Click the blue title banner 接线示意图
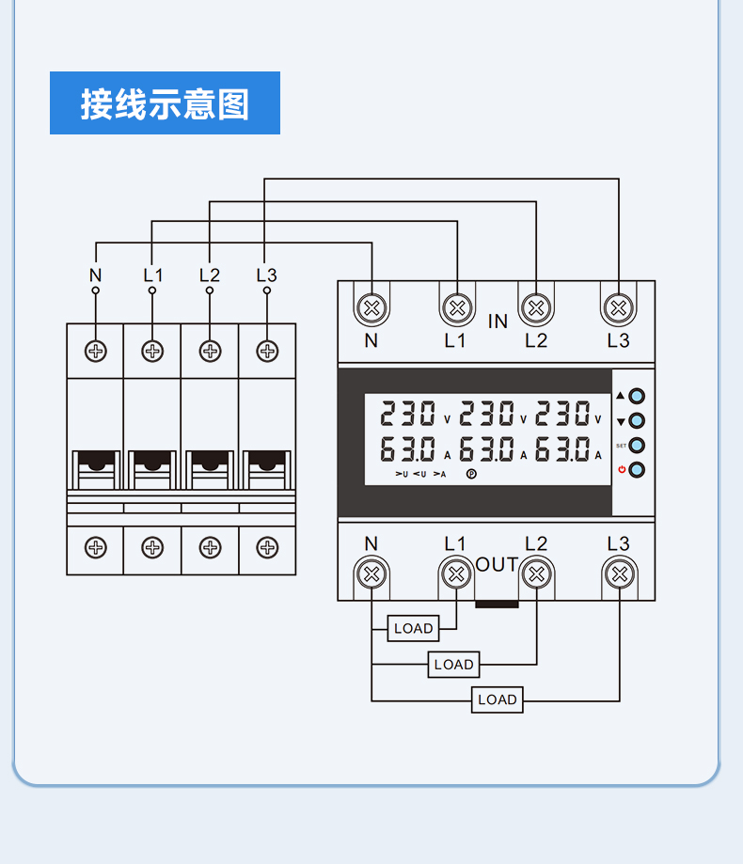point(165,103)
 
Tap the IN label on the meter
point(498,322)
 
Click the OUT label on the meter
point(497,565)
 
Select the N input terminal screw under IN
point(371,307)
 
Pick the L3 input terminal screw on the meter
point(619,307)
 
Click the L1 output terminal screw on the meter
point(456,574)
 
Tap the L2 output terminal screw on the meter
point(536,574)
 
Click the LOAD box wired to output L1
point(414,628)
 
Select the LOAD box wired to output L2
point(453,665)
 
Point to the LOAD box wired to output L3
point(498,699)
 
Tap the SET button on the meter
point(637,446)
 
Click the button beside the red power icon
point(637,470)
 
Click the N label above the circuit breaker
point(95,275)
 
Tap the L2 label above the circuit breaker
point(210,275)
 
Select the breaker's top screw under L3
point(267,351)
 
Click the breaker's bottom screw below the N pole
point(96,548)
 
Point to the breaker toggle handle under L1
point(152,469)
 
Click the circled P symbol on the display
point(471,474)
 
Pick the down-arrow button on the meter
point(637,421)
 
